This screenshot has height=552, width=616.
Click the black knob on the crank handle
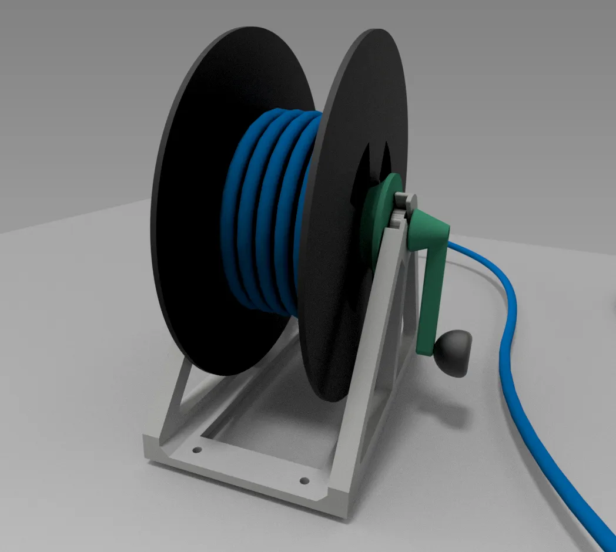454,352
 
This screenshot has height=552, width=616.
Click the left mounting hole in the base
197,450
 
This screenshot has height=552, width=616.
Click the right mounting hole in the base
304,481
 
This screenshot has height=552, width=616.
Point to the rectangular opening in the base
265,435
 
